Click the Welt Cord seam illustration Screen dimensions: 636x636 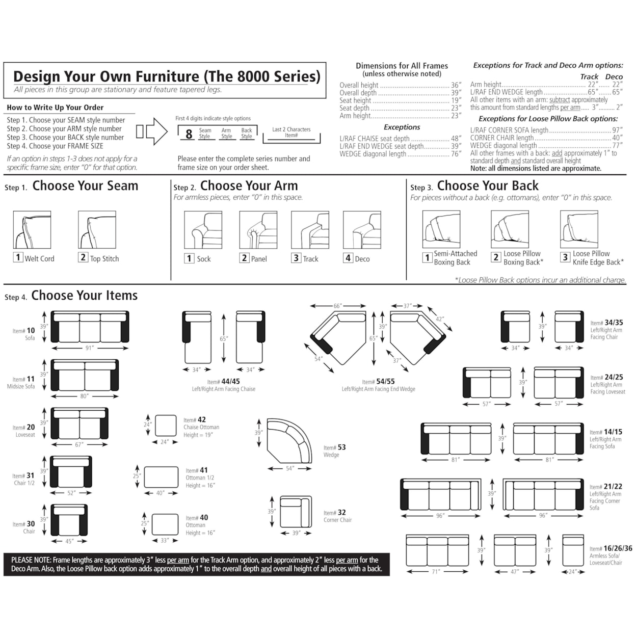pyautogui.click(x=32, y=230)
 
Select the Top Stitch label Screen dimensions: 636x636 pyautogui.click(x=104, y=259)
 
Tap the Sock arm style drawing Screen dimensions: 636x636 pyautogui.click(x=203, y=230)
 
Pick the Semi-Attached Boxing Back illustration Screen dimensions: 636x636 pyautogui.click(x=441, y=229)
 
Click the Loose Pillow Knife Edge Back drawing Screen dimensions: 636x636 pyautogui.click(x=579, y=229)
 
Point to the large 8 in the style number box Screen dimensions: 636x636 pyautogui.click(x=189, y=135)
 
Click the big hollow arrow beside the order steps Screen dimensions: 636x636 pyautogui.click(x=156, y=131)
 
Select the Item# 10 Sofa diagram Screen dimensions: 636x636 pyautogui.click(x=90, y=327)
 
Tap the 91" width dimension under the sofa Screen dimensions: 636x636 pyautogui.click(x=90, y=348)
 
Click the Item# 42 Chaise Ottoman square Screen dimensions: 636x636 pyautogui.click(x=166, y=426)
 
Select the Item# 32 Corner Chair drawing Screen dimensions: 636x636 pyautogui.click(x=296, y=512)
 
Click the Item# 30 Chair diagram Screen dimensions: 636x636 pyautogui.click(x=69, y=520)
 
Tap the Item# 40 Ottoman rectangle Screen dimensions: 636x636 pyautogui.click(x=165, y=524)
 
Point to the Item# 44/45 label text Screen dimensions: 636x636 pyautogui.click(x=223, y=381)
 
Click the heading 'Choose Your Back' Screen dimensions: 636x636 pyautogui.click(x=487, y=186)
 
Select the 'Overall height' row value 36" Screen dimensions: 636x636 pyautogui.click(x=456, y=85)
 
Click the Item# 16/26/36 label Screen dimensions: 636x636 pyautogui.click(x=611, y=548)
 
